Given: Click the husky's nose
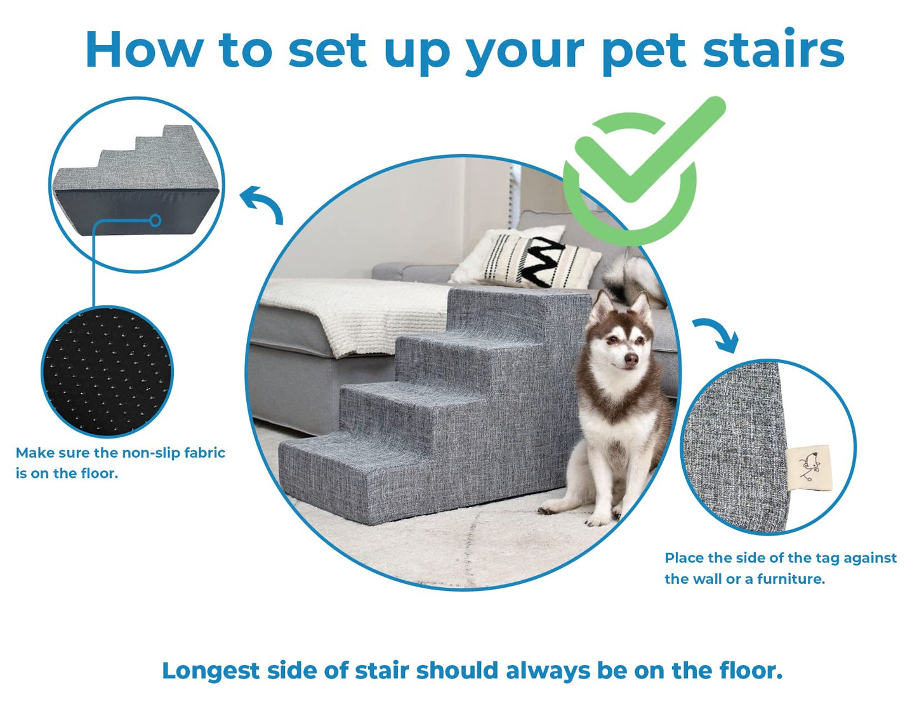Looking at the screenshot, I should click(x=631, y=360).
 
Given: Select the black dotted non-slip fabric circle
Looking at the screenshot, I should click(x=107, y=372).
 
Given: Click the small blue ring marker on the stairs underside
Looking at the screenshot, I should click(x=155, y=220).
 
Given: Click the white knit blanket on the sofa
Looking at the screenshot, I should click(x=355, y=311).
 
